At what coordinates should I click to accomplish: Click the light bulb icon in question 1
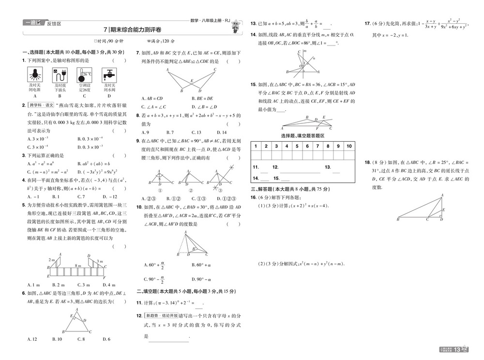[34, 75]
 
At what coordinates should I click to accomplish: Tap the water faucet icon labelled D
[108, 75]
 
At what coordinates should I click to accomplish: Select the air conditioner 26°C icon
[84, 75]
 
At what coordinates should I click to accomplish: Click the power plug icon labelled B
[60, 75]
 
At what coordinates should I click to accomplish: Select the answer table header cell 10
[348, 146]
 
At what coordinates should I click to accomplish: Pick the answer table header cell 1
[256, 146]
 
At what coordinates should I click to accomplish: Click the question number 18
[367, 163]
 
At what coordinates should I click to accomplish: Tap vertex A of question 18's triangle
[441, 195]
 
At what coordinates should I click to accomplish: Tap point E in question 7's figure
[193, 80]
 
